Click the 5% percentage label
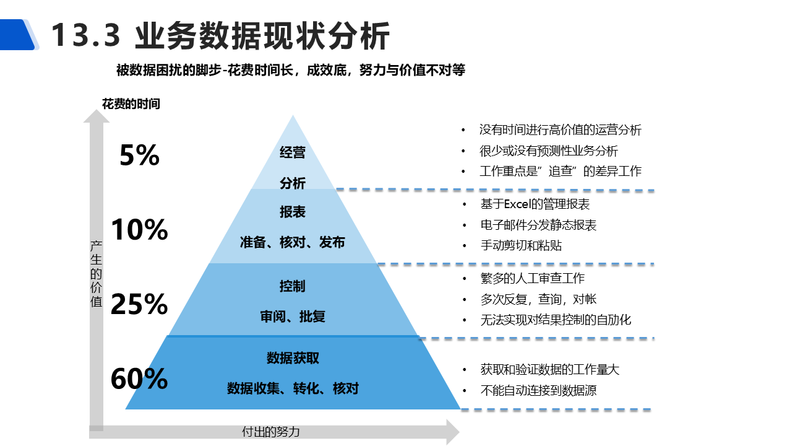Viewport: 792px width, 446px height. (x=139, y=155)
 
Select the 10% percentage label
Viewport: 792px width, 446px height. (x=139, y=230)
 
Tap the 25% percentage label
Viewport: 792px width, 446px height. (x=139, y=304)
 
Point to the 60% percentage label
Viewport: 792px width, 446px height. (x=139, y=378)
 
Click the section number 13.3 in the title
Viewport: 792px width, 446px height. (x=85, y=35)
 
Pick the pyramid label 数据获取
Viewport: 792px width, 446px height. (x=293, y=358)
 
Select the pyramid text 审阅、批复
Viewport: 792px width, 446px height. (x=293, y=317)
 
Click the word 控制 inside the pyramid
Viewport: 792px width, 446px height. (x=293, y=286)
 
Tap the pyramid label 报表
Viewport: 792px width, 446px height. (x=293, y=212)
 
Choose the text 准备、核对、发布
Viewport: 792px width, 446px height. (x=293, y=242)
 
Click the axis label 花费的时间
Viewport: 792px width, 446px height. (x=131, y=104)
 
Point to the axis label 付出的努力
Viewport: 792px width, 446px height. (x=270, y=432)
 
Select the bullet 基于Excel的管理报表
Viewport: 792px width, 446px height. (x=535, y=204)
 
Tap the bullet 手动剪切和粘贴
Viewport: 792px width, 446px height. (x=521, y=245)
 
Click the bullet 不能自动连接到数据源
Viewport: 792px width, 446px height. (x=538, y=390)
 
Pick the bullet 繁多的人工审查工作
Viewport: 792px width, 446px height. (x=532, y=279)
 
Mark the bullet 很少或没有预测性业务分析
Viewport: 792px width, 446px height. (x=548, y=151)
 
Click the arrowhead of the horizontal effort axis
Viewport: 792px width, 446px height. (x=453, y=432)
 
